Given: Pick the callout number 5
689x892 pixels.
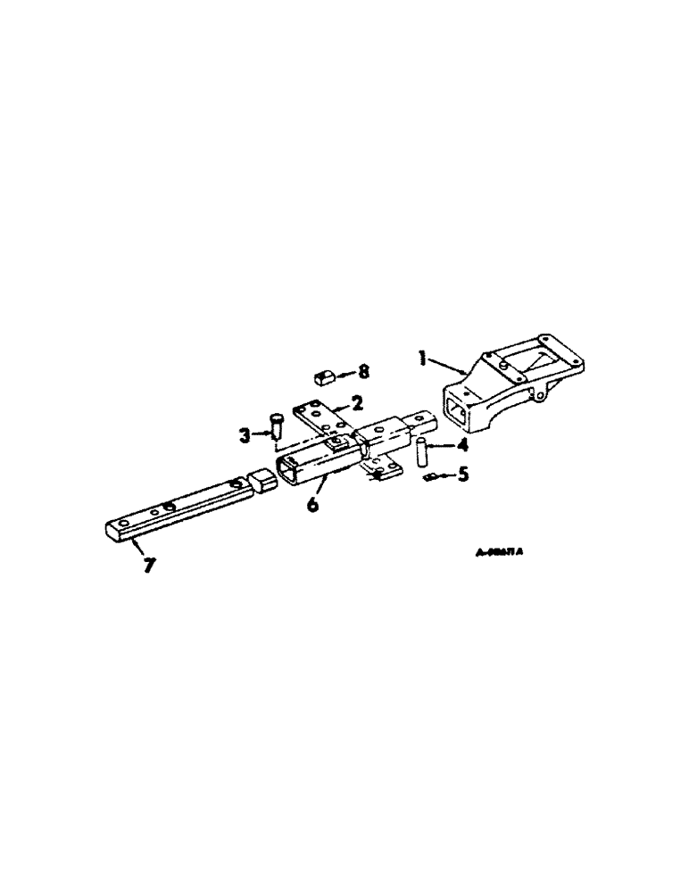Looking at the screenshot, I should [x=461, y=476].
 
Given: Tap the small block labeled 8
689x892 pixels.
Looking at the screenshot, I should [x=325, y=376].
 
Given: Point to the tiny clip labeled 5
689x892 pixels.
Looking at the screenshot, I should [x=431, y=479].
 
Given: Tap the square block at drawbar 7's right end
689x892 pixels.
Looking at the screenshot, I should [x=261, y=483].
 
